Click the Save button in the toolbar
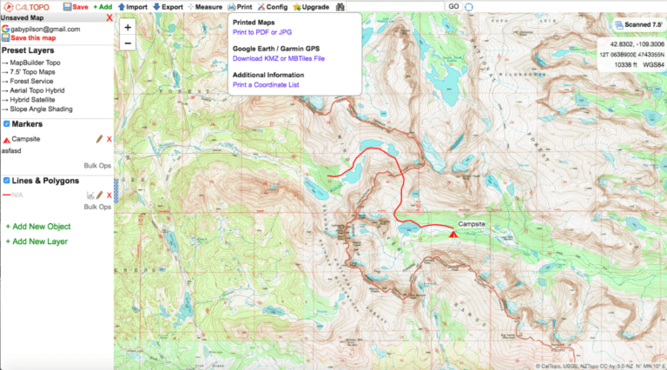click(x=77, y=6)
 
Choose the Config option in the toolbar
click(x=271, y=6)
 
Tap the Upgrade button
click(x=310, y=6)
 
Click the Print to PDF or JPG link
click(x=262, y=32)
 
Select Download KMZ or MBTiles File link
click(x=278, y=58)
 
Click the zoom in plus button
click(x=128, y=28)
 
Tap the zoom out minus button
click(x=128, y=43)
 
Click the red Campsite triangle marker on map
click(x=453, y=233)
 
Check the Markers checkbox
click(x=7, y=123)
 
